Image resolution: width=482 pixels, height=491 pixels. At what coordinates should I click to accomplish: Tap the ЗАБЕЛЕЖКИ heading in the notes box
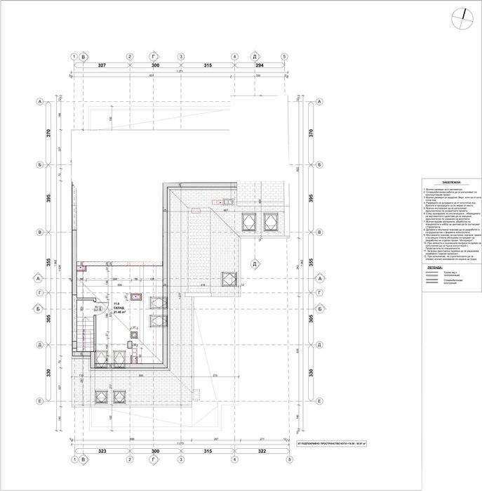tap(443, 180)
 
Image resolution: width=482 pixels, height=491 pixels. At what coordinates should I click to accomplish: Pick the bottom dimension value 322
tap(256, 452)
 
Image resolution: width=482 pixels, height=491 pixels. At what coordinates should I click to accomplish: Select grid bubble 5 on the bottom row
tap(283, 460)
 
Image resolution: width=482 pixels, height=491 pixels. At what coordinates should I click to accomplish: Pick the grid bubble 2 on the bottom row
tap(129, 460)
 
